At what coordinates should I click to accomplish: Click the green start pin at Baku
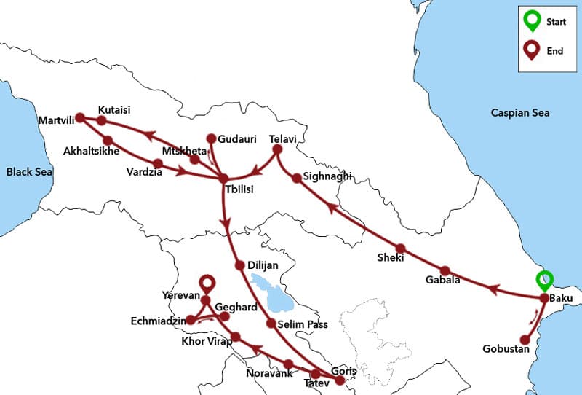(544, 281)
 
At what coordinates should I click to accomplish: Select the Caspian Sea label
(520, 113)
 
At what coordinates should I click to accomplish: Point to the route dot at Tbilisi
(223, 178)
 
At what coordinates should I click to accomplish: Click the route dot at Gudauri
(212, 138)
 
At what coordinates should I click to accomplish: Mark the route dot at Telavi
(276, 150)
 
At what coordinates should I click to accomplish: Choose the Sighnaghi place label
(327, 176)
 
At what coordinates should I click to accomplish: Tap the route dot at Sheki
(400, 248)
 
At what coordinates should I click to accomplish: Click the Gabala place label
(442, 281)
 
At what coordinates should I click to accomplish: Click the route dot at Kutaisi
(102, 120)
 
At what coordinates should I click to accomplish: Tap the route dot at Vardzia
(158, 163)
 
